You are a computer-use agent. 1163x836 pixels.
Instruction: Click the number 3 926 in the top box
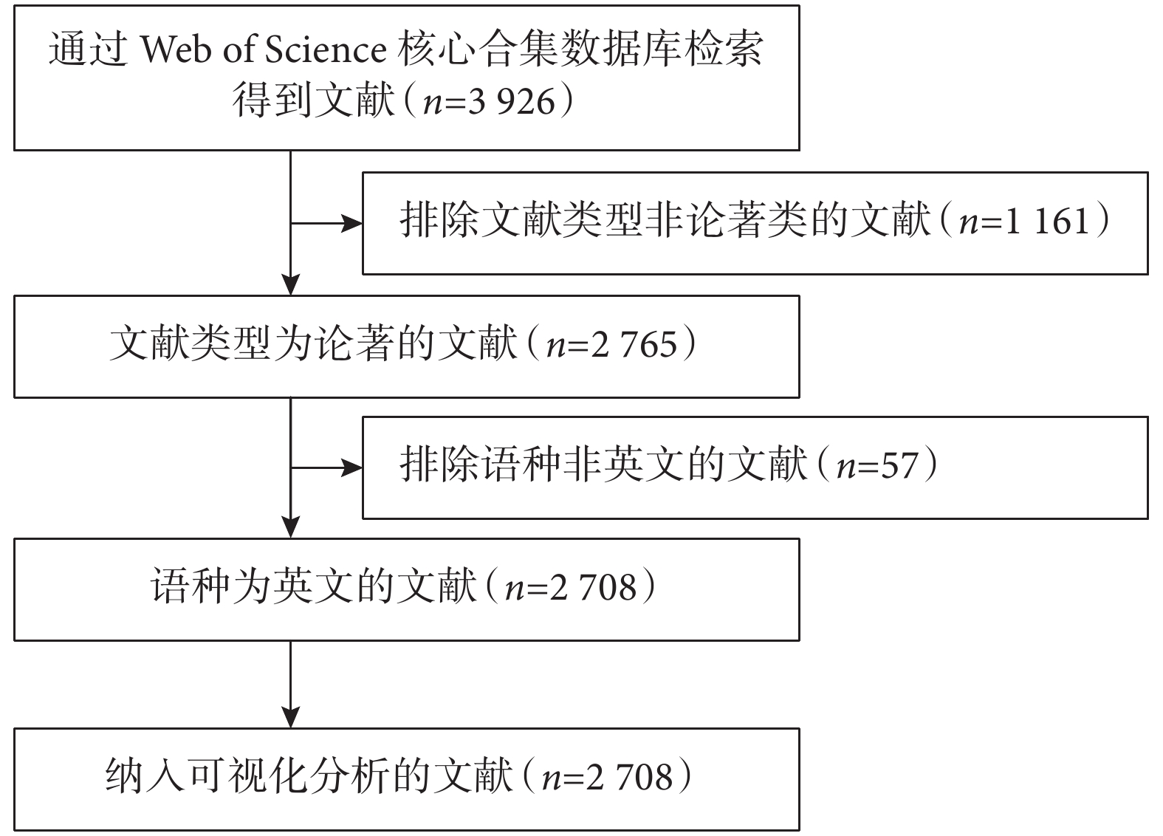tap(512, 101)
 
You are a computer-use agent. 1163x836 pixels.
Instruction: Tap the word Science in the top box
tap(326, 49)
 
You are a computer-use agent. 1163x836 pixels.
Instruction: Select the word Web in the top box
tap(176, 49)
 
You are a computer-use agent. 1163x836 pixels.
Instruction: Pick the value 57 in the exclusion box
tap(899, 466)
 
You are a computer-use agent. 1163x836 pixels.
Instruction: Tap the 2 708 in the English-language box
tap(593, 588)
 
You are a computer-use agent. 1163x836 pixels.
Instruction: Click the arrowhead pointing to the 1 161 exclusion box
tap(351, 224)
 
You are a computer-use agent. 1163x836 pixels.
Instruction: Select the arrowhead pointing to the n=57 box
tap(351, 467)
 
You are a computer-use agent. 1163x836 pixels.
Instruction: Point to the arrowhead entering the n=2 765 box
tap(291, 284)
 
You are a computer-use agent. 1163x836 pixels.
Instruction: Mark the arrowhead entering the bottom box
tap(291, 718)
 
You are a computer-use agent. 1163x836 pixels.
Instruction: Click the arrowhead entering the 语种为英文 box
tap(291, 527)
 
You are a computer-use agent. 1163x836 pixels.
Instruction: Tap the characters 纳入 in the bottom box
tap(145, 777)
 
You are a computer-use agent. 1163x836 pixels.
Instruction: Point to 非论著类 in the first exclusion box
tap(725, 221)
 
